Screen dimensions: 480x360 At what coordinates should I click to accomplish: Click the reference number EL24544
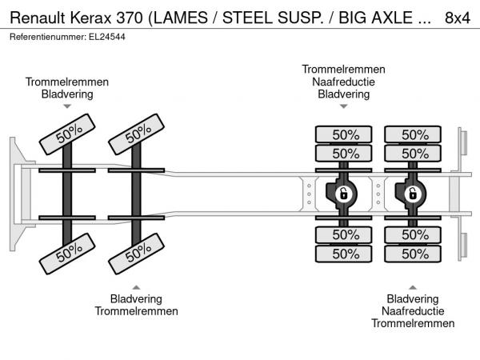click(107, 37)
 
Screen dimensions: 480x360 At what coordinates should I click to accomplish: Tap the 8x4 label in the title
click(458, 18)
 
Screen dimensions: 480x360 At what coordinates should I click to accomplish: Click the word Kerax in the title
click(90, 18)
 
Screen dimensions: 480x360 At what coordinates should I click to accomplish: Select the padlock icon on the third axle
click(344, 194)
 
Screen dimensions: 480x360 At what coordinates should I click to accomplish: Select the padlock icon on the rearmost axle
click(413, 194)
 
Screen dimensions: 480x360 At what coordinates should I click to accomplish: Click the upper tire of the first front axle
click(67, 134)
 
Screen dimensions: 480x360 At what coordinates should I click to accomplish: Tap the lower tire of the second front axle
click(137, 254)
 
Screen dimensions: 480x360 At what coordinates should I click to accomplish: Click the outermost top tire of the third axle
click(344, 134)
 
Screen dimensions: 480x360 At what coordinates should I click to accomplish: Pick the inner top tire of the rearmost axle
click(413, 154)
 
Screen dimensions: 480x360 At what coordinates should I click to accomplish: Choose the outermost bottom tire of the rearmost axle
click(413, 254)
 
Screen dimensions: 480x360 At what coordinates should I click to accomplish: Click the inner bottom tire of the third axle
click(344, 234)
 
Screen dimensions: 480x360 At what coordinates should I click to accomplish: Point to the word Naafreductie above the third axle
click(343, 82)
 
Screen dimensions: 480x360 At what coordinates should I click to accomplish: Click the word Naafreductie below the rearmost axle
click(413, 311)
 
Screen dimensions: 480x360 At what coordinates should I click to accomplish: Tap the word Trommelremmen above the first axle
click(67, 82)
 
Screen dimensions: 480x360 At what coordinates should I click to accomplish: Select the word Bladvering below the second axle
click(136, 298)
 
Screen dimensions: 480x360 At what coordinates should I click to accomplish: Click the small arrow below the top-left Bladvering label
click(67, 106)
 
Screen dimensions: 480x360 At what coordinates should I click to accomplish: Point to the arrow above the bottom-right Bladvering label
click(413, 287)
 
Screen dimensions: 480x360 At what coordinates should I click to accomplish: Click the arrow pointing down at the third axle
click(344, 106)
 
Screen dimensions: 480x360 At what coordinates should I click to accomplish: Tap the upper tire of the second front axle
click(137, 134)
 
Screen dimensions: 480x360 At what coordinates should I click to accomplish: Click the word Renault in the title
click(38, 18)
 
